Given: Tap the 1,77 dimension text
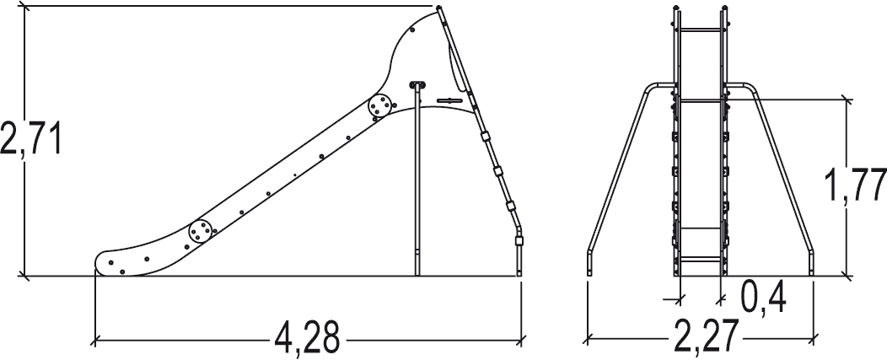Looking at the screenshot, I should point(857,185).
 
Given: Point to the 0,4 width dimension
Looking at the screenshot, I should point(764,296).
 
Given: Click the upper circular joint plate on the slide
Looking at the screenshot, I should point(380,106).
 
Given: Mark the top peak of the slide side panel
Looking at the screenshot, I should point(438,8).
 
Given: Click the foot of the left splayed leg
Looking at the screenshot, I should point(589,270).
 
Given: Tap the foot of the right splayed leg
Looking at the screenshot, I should point(811,270).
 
